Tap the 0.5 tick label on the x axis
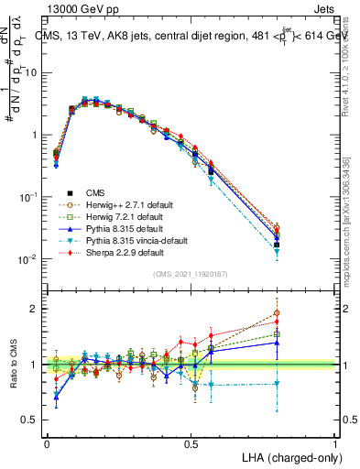191,443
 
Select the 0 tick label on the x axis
47,443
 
